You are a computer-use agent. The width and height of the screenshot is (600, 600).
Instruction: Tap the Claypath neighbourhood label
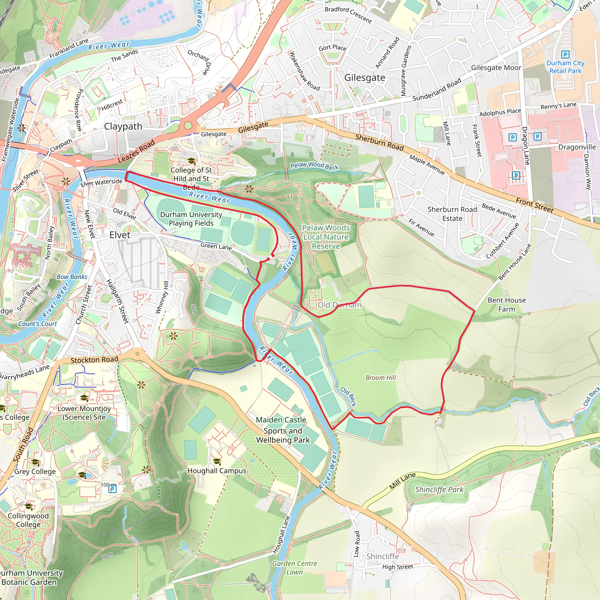[123, 126]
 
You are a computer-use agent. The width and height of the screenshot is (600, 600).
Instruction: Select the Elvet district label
[120, 235]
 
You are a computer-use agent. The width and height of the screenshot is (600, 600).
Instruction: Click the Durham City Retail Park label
[565, 67]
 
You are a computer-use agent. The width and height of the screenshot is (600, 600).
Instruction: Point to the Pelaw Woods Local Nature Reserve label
[326, 237]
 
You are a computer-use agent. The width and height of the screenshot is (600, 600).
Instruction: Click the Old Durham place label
[340, 305]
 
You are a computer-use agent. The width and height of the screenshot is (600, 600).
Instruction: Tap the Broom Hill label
[381, 378]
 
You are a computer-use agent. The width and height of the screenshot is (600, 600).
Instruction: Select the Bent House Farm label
[507, 305]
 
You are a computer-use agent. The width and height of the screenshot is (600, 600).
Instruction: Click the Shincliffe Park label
[439, 490]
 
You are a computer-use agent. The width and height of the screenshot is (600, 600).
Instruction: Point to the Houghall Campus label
[217, 471]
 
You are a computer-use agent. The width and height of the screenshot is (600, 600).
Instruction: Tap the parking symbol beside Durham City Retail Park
[565, 55]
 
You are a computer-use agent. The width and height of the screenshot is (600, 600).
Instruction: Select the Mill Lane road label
[403, 481]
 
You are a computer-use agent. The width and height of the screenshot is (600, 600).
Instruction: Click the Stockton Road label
[94, 360]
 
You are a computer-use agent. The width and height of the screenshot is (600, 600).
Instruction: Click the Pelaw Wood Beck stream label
[314, 166]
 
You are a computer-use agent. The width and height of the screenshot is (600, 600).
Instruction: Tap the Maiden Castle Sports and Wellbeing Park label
[282, 430]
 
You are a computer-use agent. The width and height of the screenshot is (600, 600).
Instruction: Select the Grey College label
[35, 471]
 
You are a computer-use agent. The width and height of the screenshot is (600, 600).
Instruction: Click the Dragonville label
[577, 147]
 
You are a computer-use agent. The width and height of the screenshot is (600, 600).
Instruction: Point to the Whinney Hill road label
[166, 298]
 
